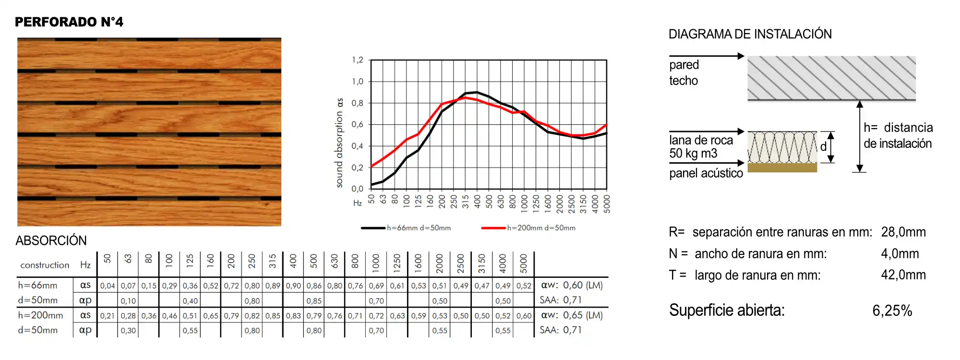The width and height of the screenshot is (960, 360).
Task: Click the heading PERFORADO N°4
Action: tap(69, 22)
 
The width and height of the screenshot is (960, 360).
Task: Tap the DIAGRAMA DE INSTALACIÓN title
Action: tap(750, 34)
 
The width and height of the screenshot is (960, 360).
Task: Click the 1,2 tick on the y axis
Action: tap(358, 60)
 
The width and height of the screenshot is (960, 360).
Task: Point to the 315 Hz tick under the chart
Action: tap(465, 201)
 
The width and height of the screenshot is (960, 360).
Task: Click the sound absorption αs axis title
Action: tap(339, 143)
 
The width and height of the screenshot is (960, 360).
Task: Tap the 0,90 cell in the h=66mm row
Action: tap(293, 286)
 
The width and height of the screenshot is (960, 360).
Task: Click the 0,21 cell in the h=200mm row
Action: tap(108, 316)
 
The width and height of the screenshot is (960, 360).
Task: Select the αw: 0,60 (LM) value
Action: tap(572, 285)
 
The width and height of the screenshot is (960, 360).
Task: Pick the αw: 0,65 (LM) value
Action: tap(572, 315)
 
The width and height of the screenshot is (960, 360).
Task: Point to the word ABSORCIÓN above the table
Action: tap(51, 240)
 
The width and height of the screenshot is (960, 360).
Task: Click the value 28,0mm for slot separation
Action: tap(903, 232)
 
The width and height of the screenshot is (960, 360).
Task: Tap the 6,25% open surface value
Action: tap(892, 311)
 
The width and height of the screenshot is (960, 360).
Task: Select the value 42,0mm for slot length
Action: tap(903, 275)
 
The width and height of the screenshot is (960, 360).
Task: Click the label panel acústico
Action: tap(706, 173)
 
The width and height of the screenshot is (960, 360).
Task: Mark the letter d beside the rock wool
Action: tap(823, 147)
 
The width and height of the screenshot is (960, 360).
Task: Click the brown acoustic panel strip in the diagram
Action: tap(782, 168)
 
